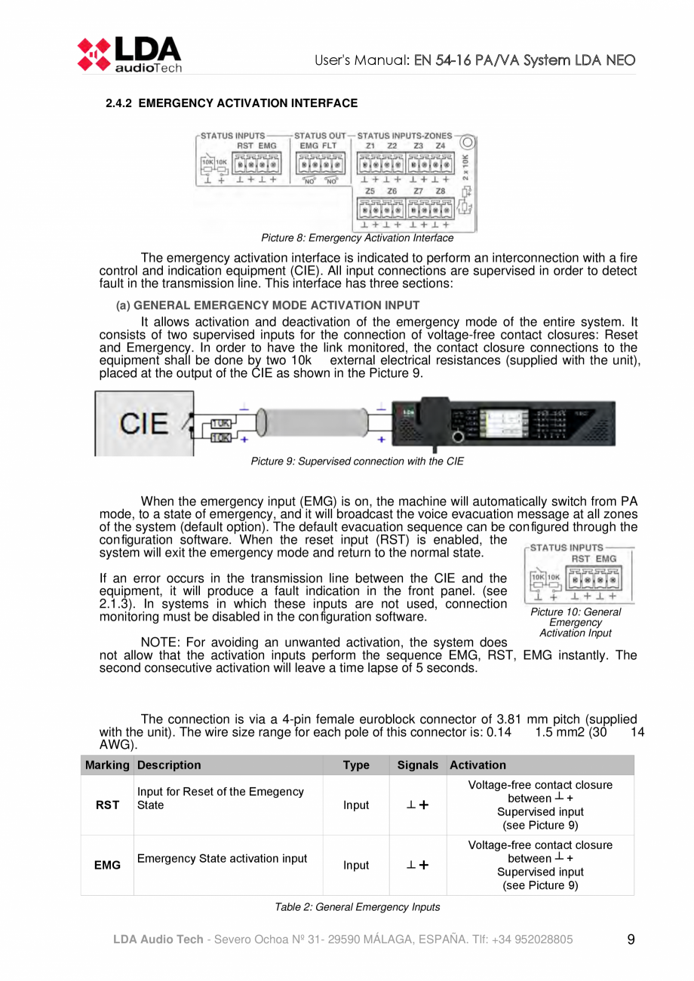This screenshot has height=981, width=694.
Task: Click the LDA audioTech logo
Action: [x=128, y=54]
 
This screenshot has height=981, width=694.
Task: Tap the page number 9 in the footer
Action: [x=631, y=940]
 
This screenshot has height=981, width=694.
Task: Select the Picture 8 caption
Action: [x=357, y=238]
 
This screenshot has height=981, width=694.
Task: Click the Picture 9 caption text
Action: [x=357, y=461]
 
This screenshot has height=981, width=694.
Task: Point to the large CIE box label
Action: [x=145, y=424]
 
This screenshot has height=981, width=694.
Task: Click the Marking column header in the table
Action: [x=107, y=765]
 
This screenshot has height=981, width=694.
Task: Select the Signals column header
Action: [x=417, y=765]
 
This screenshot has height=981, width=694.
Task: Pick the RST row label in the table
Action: [x=107, y=805]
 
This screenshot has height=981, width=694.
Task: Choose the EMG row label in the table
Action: [x=107, y=865]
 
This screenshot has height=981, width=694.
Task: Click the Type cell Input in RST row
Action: [x=356, y=805]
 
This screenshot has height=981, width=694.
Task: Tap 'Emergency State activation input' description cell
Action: [x=222, y=858]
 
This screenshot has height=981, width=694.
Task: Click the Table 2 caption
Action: [x=357, y=907]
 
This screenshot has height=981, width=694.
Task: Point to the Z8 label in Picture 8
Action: [x=441, y=192]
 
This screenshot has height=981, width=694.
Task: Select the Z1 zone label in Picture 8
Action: [x=370, y=146]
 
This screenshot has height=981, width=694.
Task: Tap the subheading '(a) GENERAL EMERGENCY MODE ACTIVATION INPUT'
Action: [x=268, y=305]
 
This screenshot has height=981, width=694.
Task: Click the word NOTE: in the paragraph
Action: [x=161, y=642]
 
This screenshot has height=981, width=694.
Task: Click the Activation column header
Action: [x=478, y=765]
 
